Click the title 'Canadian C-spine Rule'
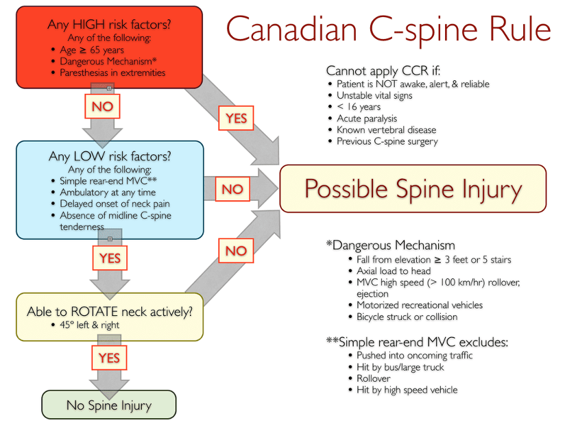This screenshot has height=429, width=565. (388, 30)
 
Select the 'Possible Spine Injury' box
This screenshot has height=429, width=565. (413, 188)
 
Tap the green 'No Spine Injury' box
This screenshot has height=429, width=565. (109, 405)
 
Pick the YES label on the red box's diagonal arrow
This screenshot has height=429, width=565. (236, 119)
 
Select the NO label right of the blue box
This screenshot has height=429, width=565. (232, 189)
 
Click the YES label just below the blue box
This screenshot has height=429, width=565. (110, 258)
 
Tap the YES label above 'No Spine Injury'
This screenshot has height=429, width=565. (109, 358)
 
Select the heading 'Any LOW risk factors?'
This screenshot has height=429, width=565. (109, 156)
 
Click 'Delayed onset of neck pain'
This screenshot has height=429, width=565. (115, 204)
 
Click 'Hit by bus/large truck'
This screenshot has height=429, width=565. (400, 367)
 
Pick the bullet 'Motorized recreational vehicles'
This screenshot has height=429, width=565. (419, 305)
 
